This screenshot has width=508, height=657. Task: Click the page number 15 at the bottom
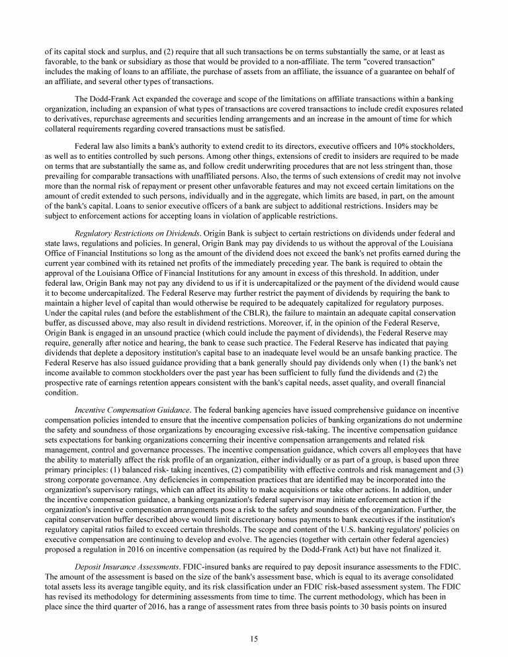[x=254, y=638]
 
